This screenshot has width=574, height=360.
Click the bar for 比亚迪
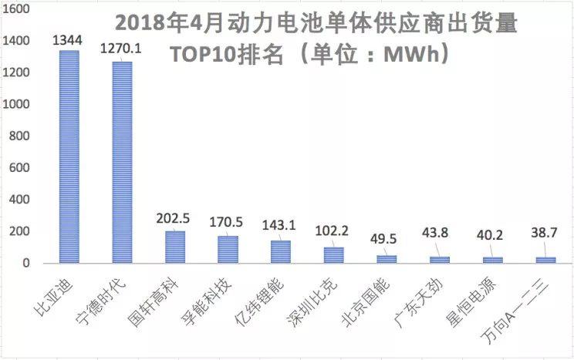69,156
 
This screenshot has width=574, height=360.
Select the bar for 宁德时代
122,162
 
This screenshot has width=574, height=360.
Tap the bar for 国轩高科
175,247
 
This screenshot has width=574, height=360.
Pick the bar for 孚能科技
228,250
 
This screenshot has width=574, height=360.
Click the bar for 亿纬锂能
281,252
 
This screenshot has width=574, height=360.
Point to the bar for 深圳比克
333,255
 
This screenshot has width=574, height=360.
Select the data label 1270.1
122,49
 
